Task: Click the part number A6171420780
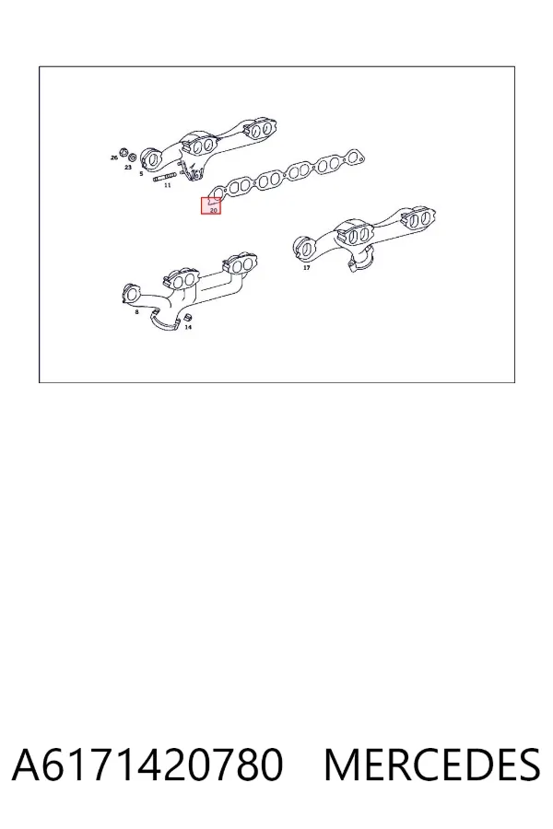pyautogui.click(x=147, y=765)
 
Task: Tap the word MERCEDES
pyautogui.click(x=432, y=765)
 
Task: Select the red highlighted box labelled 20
pyautogui.click(x=211, y=205)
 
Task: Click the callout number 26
pyautogui.click(x=113, y=158)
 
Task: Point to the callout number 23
pyautogui.click(x=127, y=168)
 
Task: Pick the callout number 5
pyautogui.click(x=141, y=173)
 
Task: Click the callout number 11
pyautogui.click(x=167, y=185)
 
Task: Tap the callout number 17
pyautogui.click(x=306, y=268)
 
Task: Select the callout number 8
pyautogui.click(x=136, y=312)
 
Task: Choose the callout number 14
pyautogui.click(x=188, y=327)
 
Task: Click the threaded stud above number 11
pyautogui.click(x=164, y=177)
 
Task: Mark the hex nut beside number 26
pyautogui.click(x=124, y=153)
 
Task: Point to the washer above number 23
pyautogui.click(x=133, y=158)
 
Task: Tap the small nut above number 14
pyautogui.click(x=186, y=317)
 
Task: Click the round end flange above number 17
pyautogui.click(x=303, y=248)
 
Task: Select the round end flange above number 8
pyautogui.click(x=130, y=294)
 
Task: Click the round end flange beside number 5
pyautogui.click(x=151, y=158)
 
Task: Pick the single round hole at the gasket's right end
pyautogui.click(x=359, y=157)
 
